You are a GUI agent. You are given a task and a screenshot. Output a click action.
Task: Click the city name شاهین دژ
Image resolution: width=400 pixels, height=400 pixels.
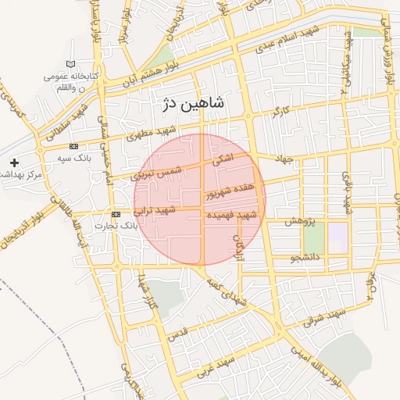[x=192, y=103]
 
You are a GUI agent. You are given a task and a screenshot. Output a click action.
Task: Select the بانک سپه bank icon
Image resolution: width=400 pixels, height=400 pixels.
[x=73, y=146]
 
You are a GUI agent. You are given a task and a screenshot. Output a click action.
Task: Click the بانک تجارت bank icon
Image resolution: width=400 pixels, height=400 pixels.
[x=116, y=214]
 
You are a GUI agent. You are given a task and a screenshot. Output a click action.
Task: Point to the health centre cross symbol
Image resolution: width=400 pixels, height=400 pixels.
[x=14, y=162]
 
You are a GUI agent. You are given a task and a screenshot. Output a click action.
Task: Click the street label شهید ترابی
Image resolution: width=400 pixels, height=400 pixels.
[x=154, y=211]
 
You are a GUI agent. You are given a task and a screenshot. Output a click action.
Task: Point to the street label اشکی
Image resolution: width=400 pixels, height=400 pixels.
[x=223, y=159]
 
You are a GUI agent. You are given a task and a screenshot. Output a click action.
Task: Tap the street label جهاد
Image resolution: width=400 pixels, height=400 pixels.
[x=283, y=159]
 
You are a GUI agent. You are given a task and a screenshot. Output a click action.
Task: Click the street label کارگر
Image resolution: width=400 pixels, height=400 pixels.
[x=280, y=112]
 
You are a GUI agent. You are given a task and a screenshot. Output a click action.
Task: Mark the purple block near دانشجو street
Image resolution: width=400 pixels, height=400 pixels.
[x=337, y=237]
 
